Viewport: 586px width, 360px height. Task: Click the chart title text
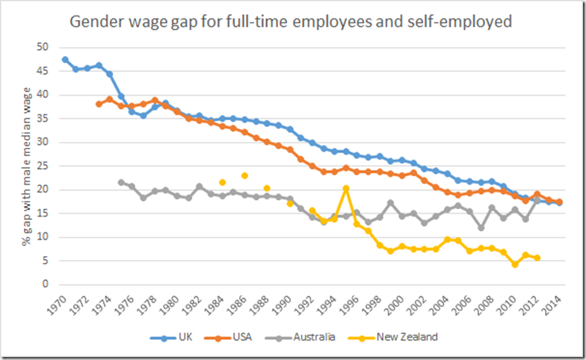(x=291, y=22)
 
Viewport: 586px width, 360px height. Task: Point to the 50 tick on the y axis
(x=43, y=47)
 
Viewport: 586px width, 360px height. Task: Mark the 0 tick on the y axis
(x=45, y=285)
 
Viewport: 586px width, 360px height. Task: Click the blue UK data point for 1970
(x=65, y=59)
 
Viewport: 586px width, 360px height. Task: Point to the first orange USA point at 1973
(x=99, y=104)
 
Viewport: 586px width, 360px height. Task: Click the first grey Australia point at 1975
(x=121, y=182)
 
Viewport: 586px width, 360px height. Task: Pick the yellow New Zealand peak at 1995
(x=346, y=188)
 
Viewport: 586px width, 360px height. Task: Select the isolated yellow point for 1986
(x=244, y=176)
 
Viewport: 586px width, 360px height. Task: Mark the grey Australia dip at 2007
(x=481, y=228)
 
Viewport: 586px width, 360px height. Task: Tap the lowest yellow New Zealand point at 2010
(x=514, y=264)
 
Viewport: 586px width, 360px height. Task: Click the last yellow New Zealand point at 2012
(x=537, y=258)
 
